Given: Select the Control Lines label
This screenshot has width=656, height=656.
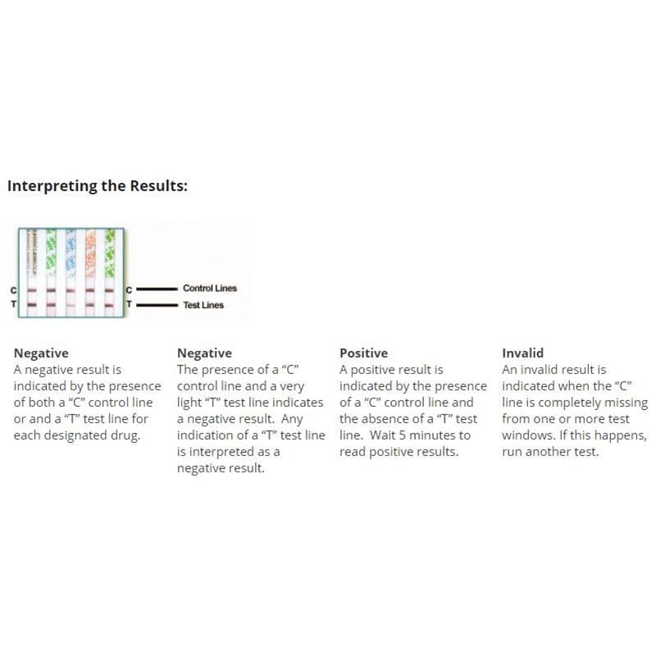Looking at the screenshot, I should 209,289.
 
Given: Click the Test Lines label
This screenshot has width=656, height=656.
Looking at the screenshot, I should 203,305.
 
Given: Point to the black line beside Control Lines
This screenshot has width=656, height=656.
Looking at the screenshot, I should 157,289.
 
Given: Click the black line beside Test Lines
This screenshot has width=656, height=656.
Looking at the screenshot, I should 157,305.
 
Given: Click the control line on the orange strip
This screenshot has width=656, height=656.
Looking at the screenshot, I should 90,289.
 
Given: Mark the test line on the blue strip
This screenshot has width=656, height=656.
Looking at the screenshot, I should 70,304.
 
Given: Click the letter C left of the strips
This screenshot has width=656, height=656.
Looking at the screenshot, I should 12,289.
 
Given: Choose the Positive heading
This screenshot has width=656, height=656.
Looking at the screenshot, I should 363,353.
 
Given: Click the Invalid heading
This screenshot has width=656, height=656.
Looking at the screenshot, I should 522,353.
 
